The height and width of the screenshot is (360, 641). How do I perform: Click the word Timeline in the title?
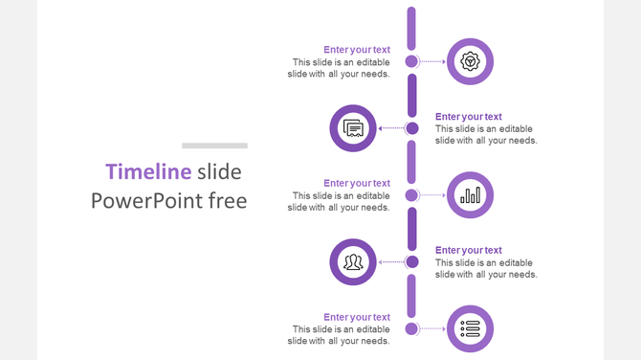coord(148,172)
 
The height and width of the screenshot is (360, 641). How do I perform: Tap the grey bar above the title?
coord(214,146)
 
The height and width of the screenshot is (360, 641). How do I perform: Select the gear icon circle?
coord(470,61)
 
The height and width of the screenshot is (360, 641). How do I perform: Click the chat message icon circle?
coord(353,128)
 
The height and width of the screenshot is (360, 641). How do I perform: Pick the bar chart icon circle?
coord(470,195)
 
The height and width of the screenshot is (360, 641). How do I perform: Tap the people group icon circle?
coord(353,262)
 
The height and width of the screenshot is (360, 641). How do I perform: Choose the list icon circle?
coord(470,329)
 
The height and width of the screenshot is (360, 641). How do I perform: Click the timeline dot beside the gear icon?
coord(411,61)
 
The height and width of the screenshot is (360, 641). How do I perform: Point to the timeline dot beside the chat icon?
coord(411,128)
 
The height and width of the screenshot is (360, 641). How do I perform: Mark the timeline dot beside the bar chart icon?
coord(411,195)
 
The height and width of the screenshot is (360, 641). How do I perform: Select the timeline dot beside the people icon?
coord(411,262)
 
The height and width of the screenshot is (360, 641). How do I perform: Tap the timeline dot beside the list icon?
coord(411,329)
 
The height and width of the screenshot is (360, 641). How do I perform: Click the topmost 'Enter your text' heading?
coord(357,50)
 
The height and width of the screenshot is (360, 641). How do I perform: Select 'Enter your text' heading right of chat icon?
coord(469,117)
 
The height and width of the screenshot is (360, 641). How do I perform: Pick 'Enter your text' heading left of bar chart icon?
coord(357,183)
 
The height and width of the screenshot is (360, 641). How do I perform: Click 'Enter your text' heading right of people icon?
coord(469,250)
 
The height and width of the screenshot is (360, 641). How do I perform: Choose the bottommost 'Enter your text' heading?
coord(357,317)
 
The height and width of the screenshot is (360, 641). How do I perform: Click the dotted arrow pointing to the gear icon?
coord(432,61)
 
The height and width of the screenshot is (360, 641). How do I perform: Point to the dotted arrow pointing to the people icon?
coord(390,262)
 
